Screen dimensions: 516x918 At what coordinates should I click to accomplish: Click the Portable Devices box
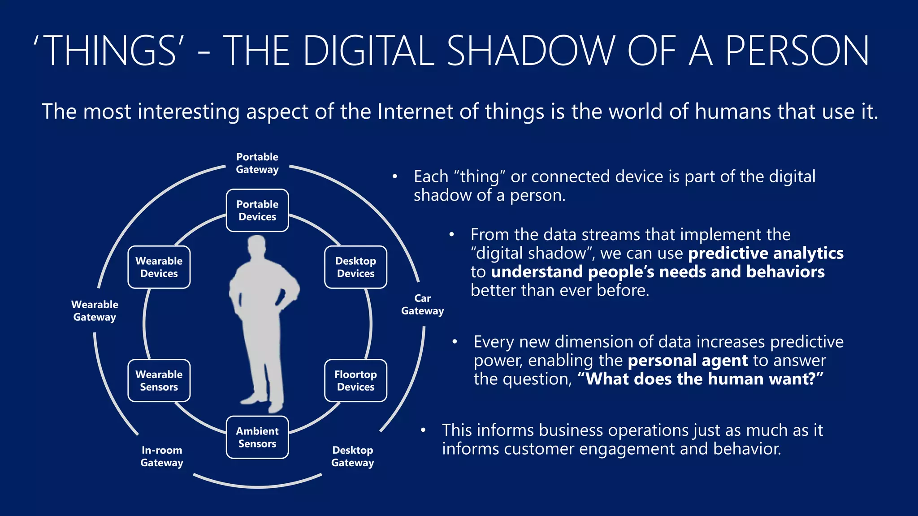[257, 211]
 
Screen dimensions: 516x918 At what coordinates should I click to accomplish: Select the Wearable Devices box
[159, 267]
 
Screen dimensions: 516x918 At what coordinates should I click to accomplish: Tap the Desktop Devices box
[355, 267]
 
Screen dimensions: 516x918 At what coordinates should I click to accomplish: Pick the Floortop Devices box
[355, 381]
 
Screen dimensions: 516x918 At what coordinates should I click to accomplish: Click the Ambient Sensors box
[257, 437]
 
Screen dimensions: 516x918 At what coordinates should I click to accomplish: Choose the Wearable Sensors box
[159, 381]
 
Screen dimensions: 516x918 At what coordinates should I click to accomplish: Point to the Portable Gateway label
[257, 163]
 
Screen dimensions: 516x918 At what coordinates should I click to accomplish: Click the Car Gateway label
[422, 305]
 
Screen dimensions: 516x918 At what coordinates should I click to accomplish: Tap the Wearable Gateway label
[95, 311]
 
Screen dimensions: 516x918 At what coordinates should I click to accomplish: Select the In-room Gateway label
[162, 456]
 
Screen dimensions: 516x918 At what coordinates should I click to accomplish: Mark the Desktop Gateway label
[353, 456]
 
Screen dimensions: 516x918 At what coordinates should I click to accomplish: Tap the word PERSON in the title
[797, 51]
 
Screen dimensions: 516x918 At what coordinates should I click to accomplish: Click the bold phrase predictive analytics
[766, 254]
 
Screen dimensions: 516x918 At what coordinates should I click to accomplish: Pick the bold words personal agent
[688, 361]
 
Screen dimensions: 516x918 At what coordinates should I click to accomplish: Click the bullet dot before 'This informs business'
[423, 430]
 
